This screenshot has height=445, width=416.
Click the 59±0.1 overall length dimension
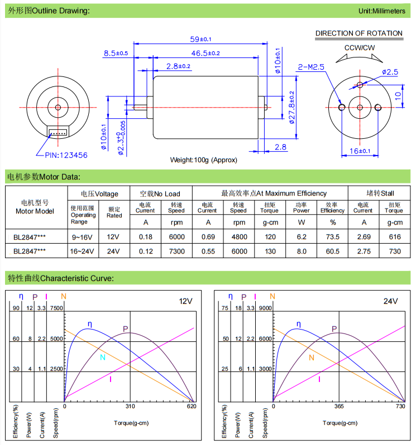pyautogui.click(x=205, y=39)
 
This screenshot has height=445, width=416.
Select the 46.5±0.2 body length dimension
pyautogui.click(x=205, y=53)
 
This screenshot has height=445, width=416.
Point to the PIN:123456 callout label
pyautogui.click(x=62, y=156)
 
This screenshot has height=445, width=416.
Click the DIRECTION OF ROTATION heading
pyautogui.click(x=359, y=33)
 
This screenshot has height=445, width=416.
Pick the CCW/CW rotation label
pyautogui.click(x=359, y=48)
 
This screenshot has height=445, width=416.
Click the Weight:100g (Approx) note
pyautogui.click(x=203, y=160)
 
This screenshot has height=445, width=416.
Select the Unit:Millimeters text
pyautogui.click(x=382, y=11)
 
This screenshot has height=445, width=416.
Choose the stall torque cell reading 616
pyautogui.click(x=394, y=236)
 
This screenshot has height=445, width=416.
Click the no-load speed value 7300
pyautogui.click(x=176, y=251)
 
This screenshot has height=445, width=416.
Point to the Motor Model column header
pyautogui.click(x=35, y=207)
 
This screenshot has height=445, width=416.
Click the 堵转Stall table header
pyautogui.click(x=380, y=194)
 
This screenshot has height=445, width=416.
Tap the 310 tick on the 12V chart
pyautogui.click(x=130, y=407)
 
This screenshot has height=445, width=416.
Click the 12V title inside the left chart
pyautogui.click(x=185, y=301)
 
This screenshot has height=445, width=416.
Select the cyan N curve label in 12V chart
pyautogui.click(x=102, y=357)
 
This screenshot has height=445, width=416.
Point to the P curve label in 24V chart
pyautogui.click(x=334, y=328)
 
